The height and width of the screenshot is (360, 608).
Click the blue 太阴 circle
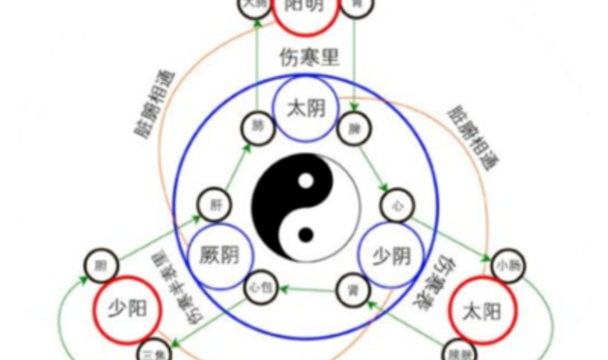[305, 108]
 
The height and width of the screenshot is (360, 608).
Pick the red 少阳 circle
[128, 308]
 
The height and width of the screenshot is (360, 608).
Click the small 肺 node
[255, 128]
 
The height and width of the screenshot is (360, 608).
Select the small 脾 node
[354, 129]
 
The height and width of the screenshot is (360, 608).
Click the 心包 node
[258, 290]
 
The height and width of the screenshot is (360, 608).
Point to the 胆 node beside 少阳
[100, 267]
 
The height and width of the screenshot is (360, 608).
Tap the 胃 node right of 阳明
[357, 5]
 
